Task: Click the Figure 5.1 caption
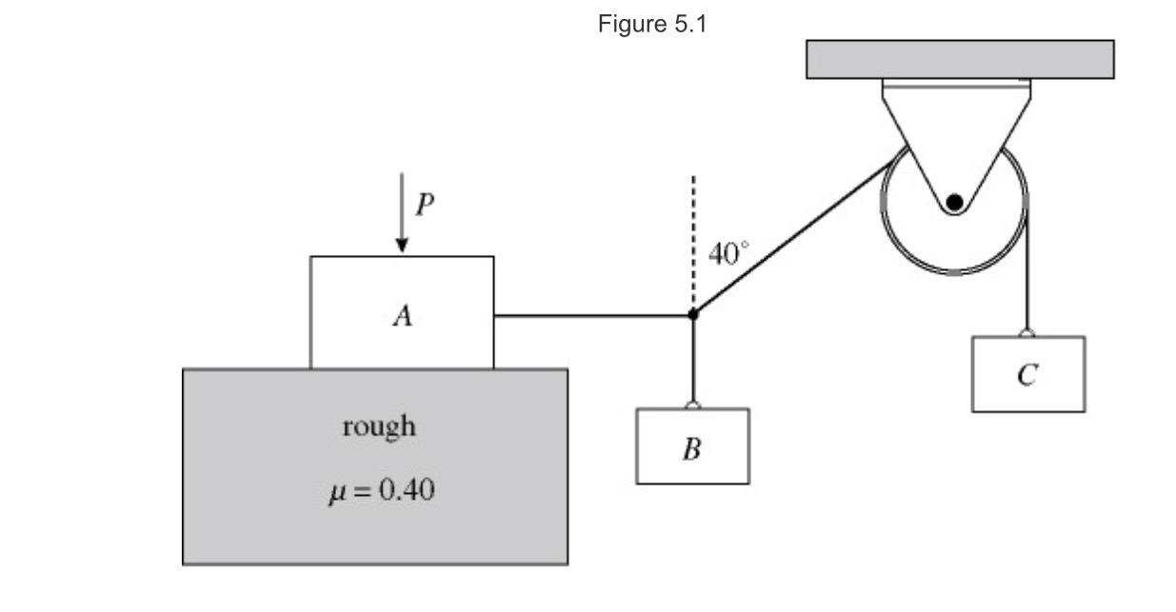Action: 652,25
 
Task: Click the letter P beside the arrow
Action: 425,205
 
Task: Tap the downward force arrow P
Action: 402,214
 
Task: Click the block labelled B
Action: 692,446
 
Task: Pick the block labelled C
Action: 1027,374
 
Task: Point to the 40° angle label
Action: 728,254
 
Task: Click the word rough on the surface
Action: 379,426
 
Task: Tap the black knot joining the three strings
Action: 693,314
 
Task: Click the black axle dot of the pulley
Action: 954,202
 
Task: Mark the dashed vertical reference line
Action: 693,238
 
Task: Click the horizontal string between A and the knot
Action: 590,315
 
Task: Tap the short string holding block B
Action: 693,362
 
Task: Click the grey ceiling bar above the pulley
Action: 960,59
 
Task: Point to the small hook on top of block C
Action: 1027,332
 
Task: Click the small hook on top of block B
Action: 693,405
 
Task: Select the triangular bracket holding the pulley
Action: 955,133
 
